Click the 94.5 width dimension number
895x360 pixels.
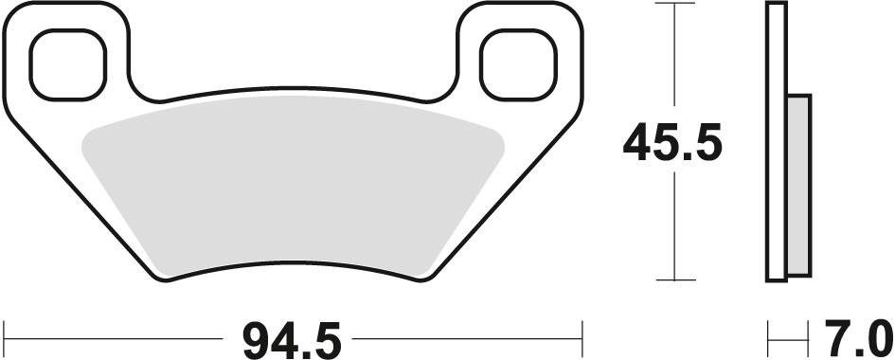point(292,341)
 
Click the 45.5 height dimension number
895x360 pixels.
point(672,143)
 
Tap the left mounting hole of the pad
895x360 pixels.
point(68,65)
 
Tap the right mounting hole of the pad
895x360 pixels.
point(518,65)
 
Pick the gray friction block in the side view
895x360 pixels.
point(798,186)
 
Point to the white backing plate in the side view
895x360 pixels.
point(777,142)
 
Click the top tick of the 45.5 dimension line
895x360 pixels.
point(674,4)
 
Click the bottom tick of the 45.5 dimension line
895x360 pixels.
point(674,280)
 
